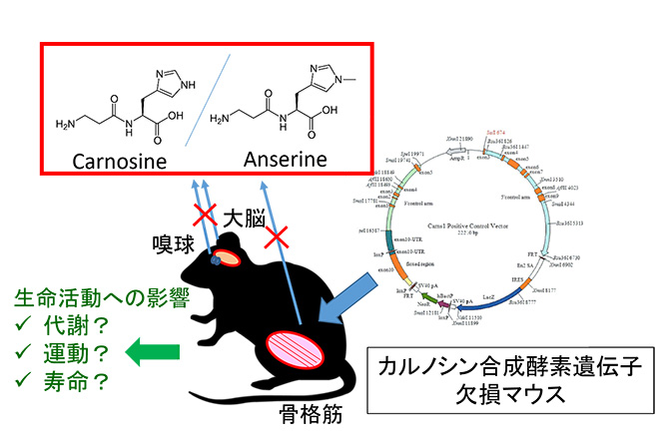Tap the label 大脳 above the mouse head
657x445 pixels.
click(x=243, y=218)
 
